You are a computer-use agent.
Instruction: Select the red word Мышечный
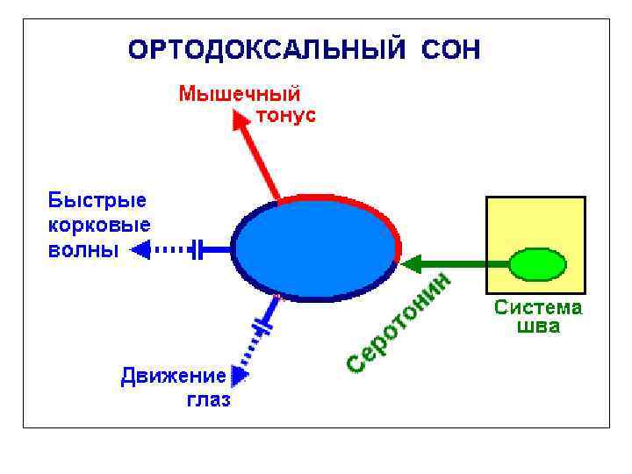pos(240,93)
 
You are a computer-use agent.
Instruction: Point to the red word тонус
pos(286,115)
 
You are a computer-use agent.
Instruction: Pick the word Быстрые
pos(97,201)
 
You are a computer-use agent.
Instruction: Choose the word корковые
pos(98,225)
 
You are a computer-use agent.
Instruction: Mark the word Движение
pos(173,377)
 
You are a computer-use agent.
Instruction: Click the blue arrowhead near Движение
pos(238,375)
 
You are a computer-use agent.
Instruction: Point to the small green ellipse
pos(536,264)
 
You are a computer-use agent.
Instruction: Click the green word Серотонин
pos(400,322)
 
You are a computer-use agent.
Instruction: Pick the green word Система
pos(538,308)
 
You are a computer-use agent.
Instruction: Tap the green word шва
pos(538,327)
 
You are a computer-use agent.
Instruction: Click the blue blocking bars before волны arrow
pos(198,250)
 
